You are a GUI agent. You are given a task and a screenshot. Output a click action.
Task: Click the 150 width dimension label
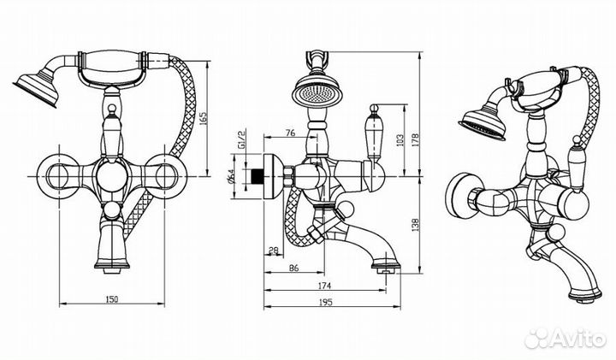[112, 299]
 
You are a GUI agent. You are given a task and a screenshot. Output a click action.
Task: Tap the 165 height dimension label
[203, 118]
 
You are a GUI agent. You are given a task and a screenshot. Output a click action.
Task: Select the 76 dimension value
[290, 133]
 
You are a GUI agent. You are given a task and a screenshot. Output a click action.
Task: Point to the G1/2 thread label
[241, 140]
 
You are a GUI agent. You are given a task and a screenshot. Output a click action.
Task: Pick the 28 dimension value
[274, 250]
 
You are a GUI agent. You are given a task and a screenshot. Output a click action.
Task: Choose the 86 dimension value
[293, 269]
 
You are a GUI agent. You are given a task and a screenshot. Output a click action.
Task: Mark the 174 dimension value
[325, 286]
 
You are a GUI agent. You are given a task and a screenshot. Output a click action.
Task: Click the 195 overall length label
[326, 302]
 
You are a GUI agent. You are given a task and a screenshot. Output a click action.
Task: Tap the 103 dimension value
[400, 139]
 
